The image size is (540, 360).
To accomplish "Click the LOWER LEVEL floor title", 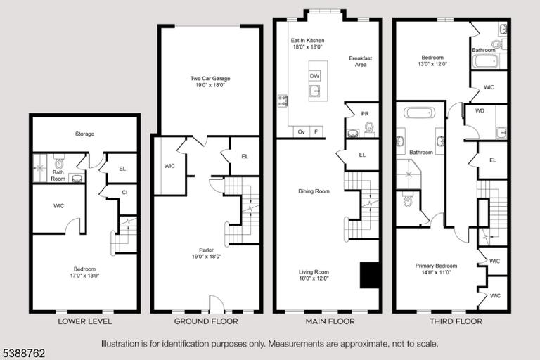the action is [84, 321].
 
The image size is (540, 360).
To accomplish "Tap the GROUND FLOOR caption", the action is [206, 321].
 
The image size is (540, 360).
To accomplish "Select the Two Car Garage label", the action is [210, 79].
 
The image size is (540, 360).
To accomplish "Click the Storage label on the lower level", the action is [84, 134].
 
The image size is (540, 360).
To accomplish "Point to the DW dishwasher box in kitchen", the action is [314, 76].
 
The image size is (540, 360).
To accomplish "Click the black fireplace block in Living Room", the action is [370, 275].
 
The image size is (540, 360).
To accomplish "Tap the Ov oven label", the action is [302, 131].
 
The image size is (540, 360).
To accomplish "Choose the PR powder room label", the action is [365, 114].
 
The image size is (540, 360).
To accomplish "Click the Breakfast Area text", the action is [361, 61].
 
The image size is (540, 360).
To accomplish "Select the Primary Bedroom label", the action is [436, 266].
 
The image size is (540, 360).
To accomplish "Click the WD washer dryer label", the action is [480, 111].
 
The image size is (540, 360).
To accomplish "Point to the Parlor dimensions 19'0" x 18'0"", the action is [206, 257].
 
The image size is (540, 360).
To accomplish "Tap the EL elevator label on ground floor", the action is [245, 156].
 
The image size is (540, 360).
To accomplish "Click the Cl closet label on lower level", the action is [124, 193].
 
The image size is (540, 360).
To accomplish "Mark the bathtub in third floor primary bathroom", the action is [419, 112].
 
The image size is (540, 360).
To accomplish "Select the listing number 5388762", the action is [24, 354].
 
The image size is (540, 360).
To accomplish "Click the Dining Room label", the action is [314, 191].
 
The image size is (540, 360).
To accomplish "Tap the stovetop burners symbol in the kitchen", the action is [283, 101].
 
